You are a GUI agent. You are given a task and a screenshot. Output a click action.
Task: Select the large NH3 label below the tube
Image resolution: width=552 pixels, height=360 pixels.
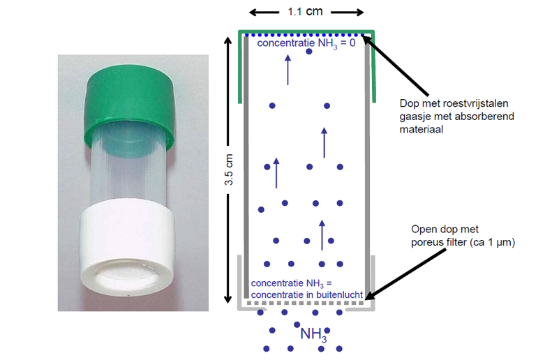click(313, 334)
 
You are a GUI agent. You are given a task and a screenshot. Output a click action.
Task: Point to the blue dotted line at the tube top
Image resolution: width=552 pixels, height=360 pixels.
click(307, 34)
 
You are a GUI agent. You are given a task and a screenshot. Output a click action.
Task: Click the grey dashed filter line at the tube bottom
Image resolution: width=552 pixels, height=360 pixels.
click(307, 306)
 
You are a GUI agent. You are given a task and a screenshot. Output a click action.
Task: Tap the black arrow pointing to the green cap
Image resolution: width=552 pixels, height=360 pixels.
click(398, 66)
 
